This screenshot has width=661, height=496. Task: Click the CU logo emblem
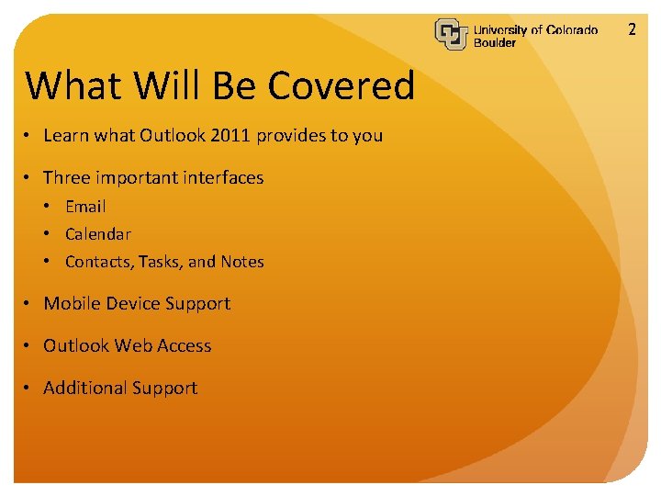(452, 35)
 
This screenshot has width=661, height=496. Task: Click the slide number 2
(632, 29)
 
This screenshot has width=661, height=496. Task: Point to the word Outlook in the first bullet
(173, 136)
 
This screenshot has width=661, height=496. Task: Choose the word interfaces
(221, 178)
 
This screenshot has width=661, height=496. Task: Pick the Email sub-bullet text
(85, 207)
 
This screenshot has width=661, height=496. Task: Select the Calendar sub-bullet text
(98, 234)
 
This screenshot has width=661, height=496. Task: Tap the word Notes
(242, 262)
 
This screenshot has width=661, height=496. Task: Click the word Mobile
(73, 304)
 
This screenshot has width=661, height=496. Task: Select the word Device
(135, 304)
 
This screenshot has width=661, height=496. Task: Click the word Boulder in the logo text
(495, 43)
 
